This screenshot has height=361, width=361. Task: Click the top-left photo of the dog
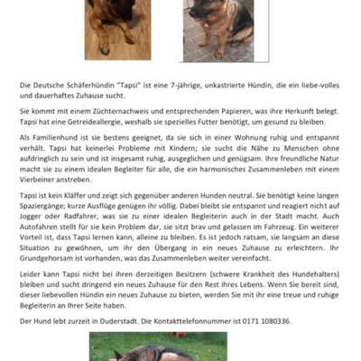[117, 27]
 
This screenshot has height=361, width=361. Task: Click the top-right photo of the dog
[225, 29]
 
